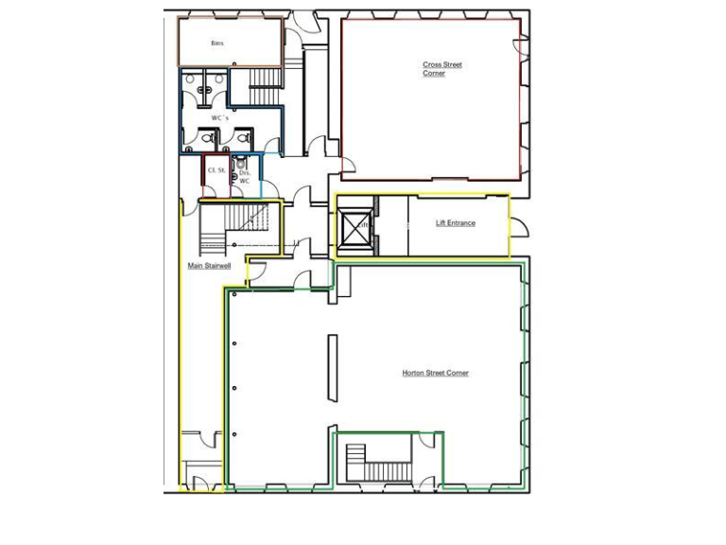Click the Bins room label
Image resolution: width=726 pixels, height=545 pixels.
tap(216, 44)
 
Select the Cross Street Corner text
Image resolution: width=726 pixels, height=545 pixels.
tap(435, 69)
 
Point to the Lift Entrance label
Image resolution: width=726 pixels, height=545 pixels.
tap(455, 223)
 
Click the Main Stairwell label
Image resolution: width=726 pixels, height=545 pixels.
tap(209, 266)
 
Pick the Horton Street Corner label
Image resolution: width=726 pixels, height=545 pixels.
tap(435, 373)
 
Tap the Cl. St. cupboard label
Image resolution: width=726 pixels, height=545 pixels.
tap(216, 170)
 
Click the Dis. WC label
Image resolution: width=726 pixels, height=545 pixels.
tap(244, 176)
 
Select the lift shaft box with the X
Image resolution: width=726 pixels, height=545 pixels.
tap(355, 227)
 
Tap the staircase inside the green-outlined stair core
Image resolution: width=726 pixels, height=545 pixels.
tap(384, 470)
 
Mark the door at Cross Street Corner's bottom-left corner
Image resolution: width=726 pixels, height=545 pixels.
tap(348, 166)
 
